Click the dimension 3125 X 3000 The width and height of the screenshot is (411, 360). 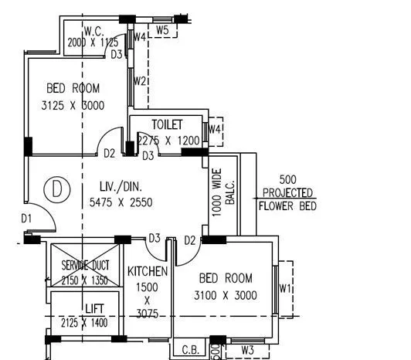click(x=73, y=105)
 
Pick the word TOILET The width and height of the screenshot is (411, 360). click(x=167, y=124)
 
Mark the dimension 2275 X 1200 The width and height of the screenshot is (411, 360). click(x=169, y=141)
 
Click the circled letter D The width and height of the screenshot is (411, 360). click(x=55, y=188)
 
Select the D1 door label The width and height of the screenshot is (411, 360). click(x=27, y=219)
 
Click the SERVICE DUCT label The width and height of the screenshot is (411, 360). click(x=86, y=265)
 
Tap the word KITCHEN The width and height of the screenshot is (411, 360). click(x=148, y=271)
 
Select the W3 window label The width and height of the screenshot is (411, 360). click(x=247, y=351)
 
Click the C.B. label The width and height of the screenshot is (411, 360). click(x=188, y=350)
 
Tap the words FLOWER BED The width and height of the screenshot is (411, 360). click(x=286, y=206)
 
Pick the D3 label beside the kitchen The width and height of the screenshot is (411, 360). click(x=155, y=237)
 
